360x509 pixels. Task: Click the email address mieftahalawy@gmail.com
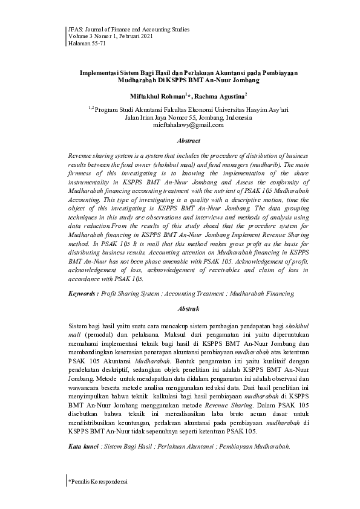(x=180, y=126)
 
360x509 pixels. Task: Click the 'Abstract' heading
(x=180, y=140)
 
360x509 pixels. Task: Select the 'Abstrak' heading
(x=180, y=308)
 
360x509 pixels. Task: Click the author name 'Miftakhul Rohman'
(x=159, y=96)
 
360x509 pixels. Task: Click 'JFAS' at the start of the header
(x=74, y=29)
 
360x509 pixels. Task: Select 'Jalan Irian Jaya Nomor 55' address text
(x=159, y=117)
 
